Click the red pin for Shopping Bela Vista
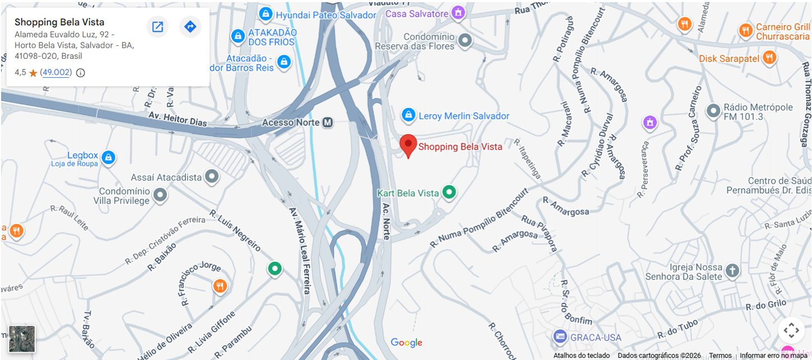[408, 145]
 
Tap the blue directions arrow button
[190, 26]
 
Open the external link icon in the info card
[158, 26]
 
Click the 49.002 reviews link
[57, 72]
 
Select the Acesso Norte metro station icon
[328, 123]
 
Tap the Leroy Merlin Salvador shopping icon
[408, 115]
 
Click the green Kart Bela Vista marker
[449, 193]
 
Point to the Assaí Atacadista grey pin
[211, 177]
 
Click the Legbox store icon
[108, 158]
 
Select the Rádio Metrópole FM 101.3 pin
[713, 111]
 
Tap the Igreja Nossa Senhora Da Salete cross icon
[732, 272]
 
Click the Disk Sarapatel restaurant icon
[769, 58]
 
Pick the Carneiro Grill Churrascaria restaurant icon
[745, 31]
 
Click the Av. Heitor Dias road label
[177, 118]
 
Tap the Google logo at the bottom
[407, 343]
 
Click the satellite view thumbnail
[22, 339]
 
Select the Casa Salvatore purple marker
[458, 13]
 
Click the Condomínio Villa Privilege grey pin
[160, 195]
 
